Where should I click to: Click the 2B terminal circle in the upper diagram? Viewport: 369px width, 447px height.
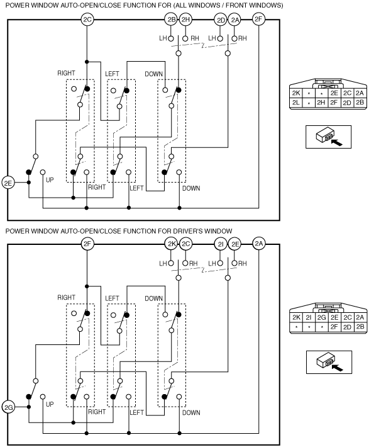[171, 20]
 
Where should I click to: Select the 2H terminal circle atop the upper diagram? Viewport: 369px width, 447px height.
[185, 20]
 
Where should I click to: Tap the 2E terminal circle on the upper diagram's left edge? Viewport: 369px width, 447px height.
[8, 183]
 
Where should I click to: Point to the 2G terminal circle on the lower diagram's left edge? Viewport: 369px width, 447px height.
[8, 407]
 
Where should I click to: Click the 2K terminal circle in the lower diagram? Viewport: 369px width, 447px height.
[171, 244]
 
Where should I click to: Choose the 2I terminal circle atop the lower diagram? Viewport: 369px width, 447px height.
[221, 244]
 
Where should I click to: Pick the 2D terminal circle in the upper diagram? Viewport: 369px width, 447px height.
[221, 20]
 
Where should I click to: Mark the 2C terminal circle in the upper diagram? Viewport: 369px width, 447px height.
[87, 20]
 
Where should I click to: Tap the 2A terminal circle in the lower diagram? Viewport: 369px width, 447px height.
[259, 244]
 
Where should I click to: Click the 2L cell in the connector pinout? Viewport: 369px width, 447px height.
[296, 103]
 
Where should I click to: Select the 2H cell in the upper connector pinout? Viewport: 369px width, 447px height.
[321, 103]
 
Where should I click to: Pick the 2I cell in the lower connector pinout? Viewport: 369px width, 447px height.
[309, 317]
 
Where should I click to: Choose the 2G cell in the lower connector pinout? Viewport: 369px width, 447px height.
[321, 317]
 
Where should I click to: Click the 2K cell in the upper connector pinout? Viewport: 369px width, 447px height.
[296, 93]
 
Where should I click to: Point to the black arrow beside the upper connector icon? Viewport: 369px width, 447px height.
[337, 142]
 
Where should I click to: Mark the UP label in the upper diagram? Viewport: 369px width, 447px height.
[50, 180]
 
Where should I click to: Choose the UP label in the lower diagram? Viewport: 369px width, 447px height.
[50, 404]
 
